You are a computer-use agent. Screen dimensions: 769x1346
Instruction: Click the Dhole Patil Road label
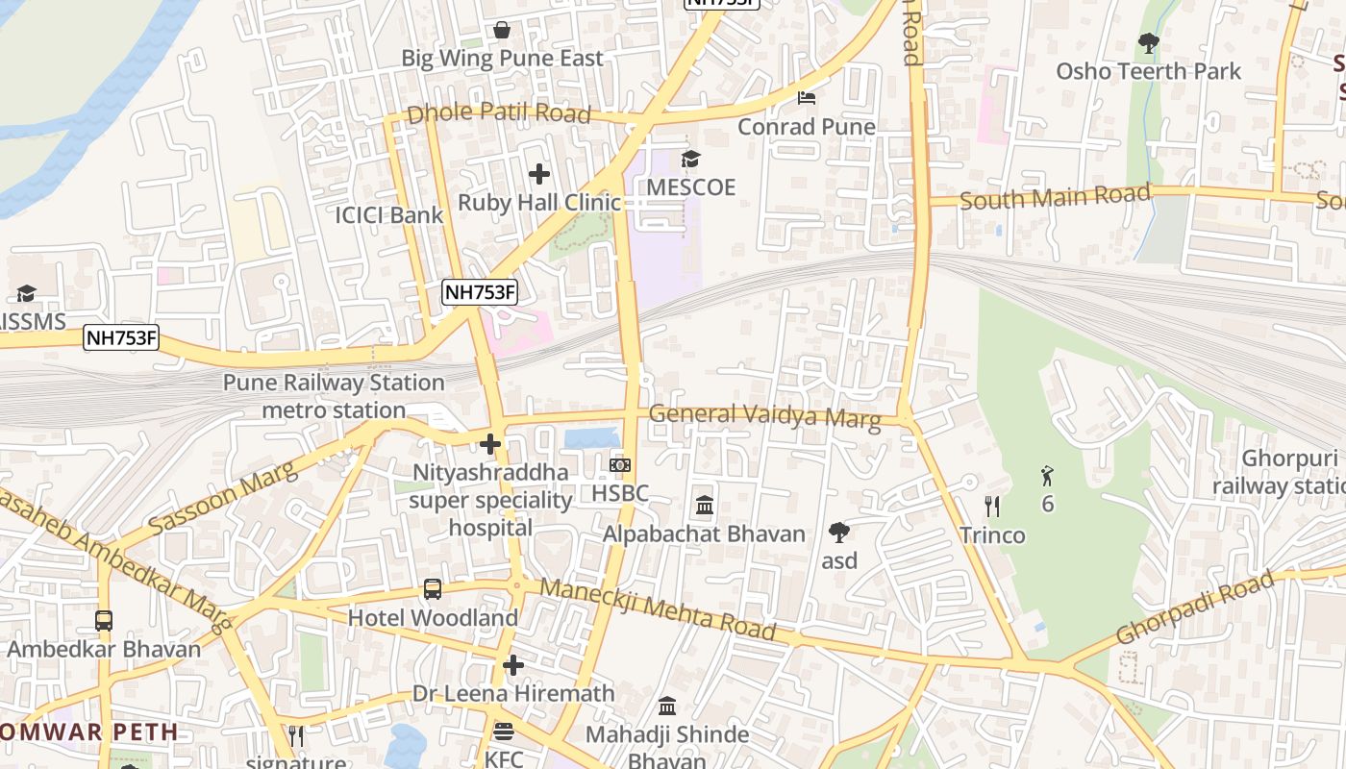coord(498,113)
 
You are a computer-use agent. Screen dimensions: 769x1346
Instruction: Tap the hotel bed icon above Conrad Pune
coord(807,98)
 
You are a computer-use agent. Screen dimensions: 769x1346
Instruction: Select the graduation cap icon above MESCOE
coord(690,159)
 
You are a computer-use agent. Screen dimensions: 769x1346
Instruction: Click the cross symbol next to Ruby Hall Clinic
coord(539,174)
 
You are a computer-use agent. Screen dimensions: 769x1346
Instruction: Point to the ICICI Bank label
coord(388,215)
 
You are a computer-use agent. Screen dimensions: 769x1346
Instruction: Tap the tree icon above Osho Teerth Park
coord(1148,43)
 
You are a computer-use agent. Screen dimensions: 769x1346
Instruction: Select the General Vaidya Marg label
coord(764,416)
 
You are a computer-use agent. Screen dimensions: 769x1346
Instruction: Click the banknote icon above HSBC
coord(620,465)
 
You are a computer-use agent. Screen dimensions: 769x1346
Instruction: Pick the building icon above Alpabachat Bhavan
coord(704,506)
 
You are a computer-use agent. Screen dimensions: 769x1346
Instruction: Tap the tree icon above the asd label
coord(839,532)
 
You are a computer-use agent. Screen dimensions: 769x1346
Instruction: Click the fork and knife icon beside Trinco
coord(992,507)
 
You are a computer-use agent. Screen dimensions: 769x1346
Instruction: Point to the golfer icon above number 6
coord(1047,475)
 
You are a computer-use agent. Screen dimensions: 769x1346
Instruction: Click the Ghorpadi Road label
coord(1195,608)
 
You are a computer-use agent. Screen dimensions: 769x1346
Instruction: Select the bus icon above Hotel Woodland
coord(433,589)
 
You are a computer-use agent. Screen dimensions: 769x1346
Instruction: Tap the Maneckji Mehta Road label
coord(658,609)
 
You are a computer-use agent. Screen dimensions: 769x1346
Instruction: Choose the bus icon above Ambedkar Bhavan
coord(104,621)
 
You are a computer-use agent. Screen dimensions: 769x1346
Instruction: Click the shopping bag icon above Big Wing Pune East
coord(502,31)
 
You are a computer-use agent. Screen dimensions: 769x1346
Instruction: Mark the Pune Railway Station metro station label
coord(334,396)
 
